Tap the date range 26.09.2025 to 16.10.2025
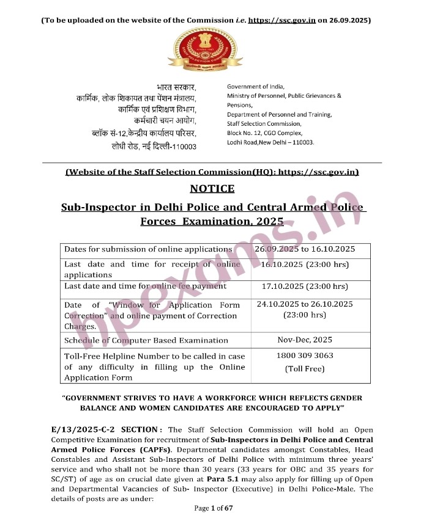pyautogui.click(x=305, y=249)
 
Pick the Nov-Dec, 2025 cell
pyautogui.click(x=305, y=340)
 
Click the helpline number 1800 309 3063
pyautogui.click(x=305, y=356)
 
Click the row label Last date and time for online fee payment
pyautogui.click(x=146, y=286)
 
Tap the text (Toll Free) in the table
pyautogui.click(x=305, y=369)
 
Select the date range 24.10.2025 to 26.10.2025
pyautogui.click(x=305, y=304)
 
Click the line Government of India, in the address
pyautogui.click(x=255, y=87)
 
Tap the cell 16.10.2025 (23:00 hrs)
pyautogui.click(x=305, y=264)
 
